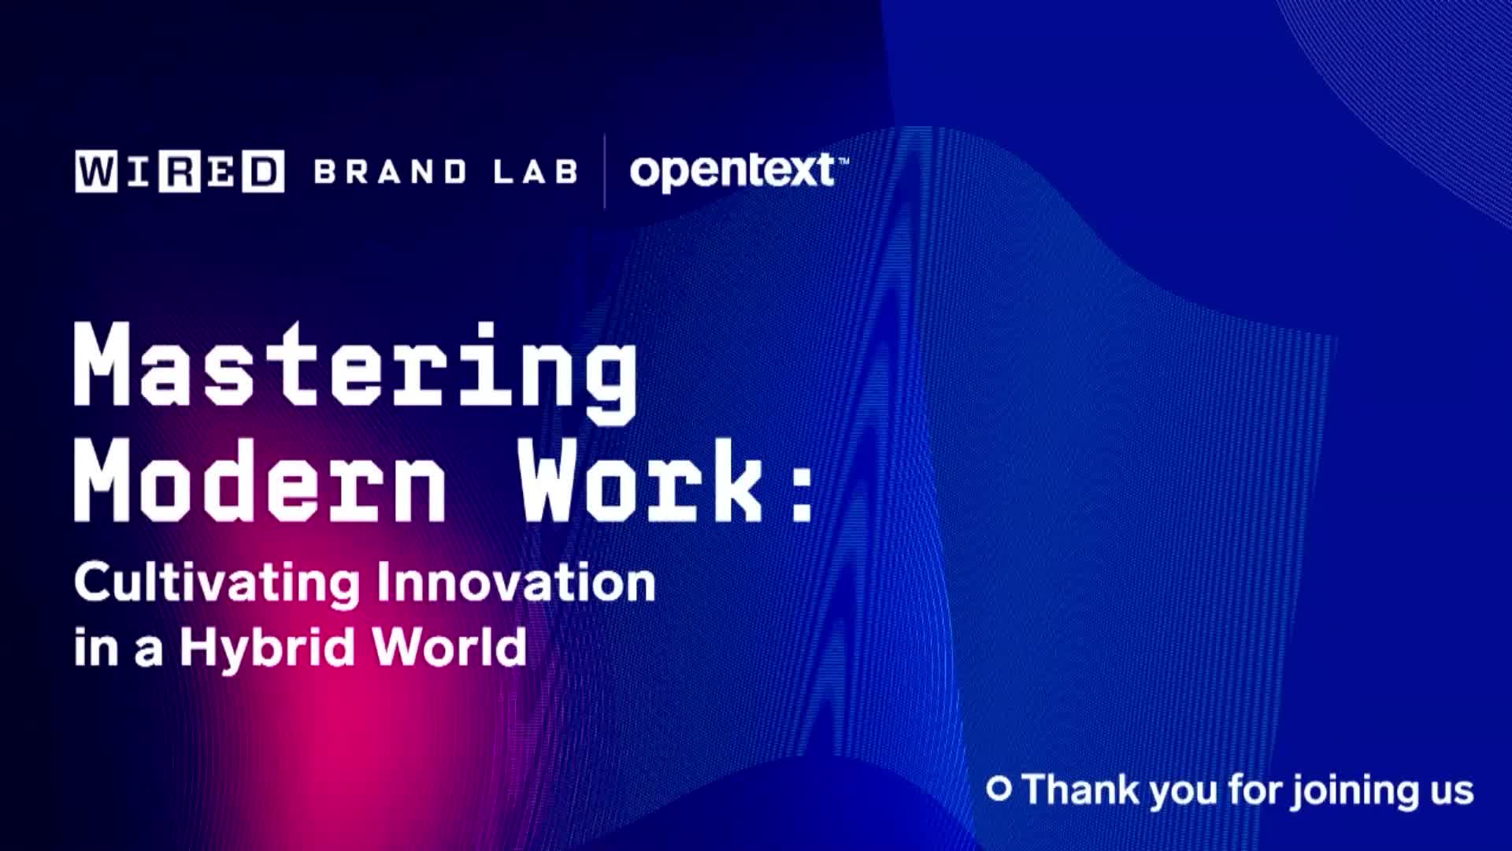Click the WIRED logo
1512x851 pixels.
point(180,171)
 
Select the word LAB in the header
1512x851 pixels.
point(535,172)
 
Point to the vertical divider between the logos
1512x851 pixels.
point(605,171)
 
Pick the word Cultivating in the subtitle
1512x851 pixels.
point(217,583)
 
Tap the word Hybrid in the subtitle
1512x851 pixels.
point(268,648)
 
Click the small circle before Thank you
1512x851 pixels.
point(999,789)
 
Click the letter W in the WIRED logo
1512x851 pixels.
point(96,171)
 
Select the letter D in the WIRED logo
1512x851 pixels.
point(263,171)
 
